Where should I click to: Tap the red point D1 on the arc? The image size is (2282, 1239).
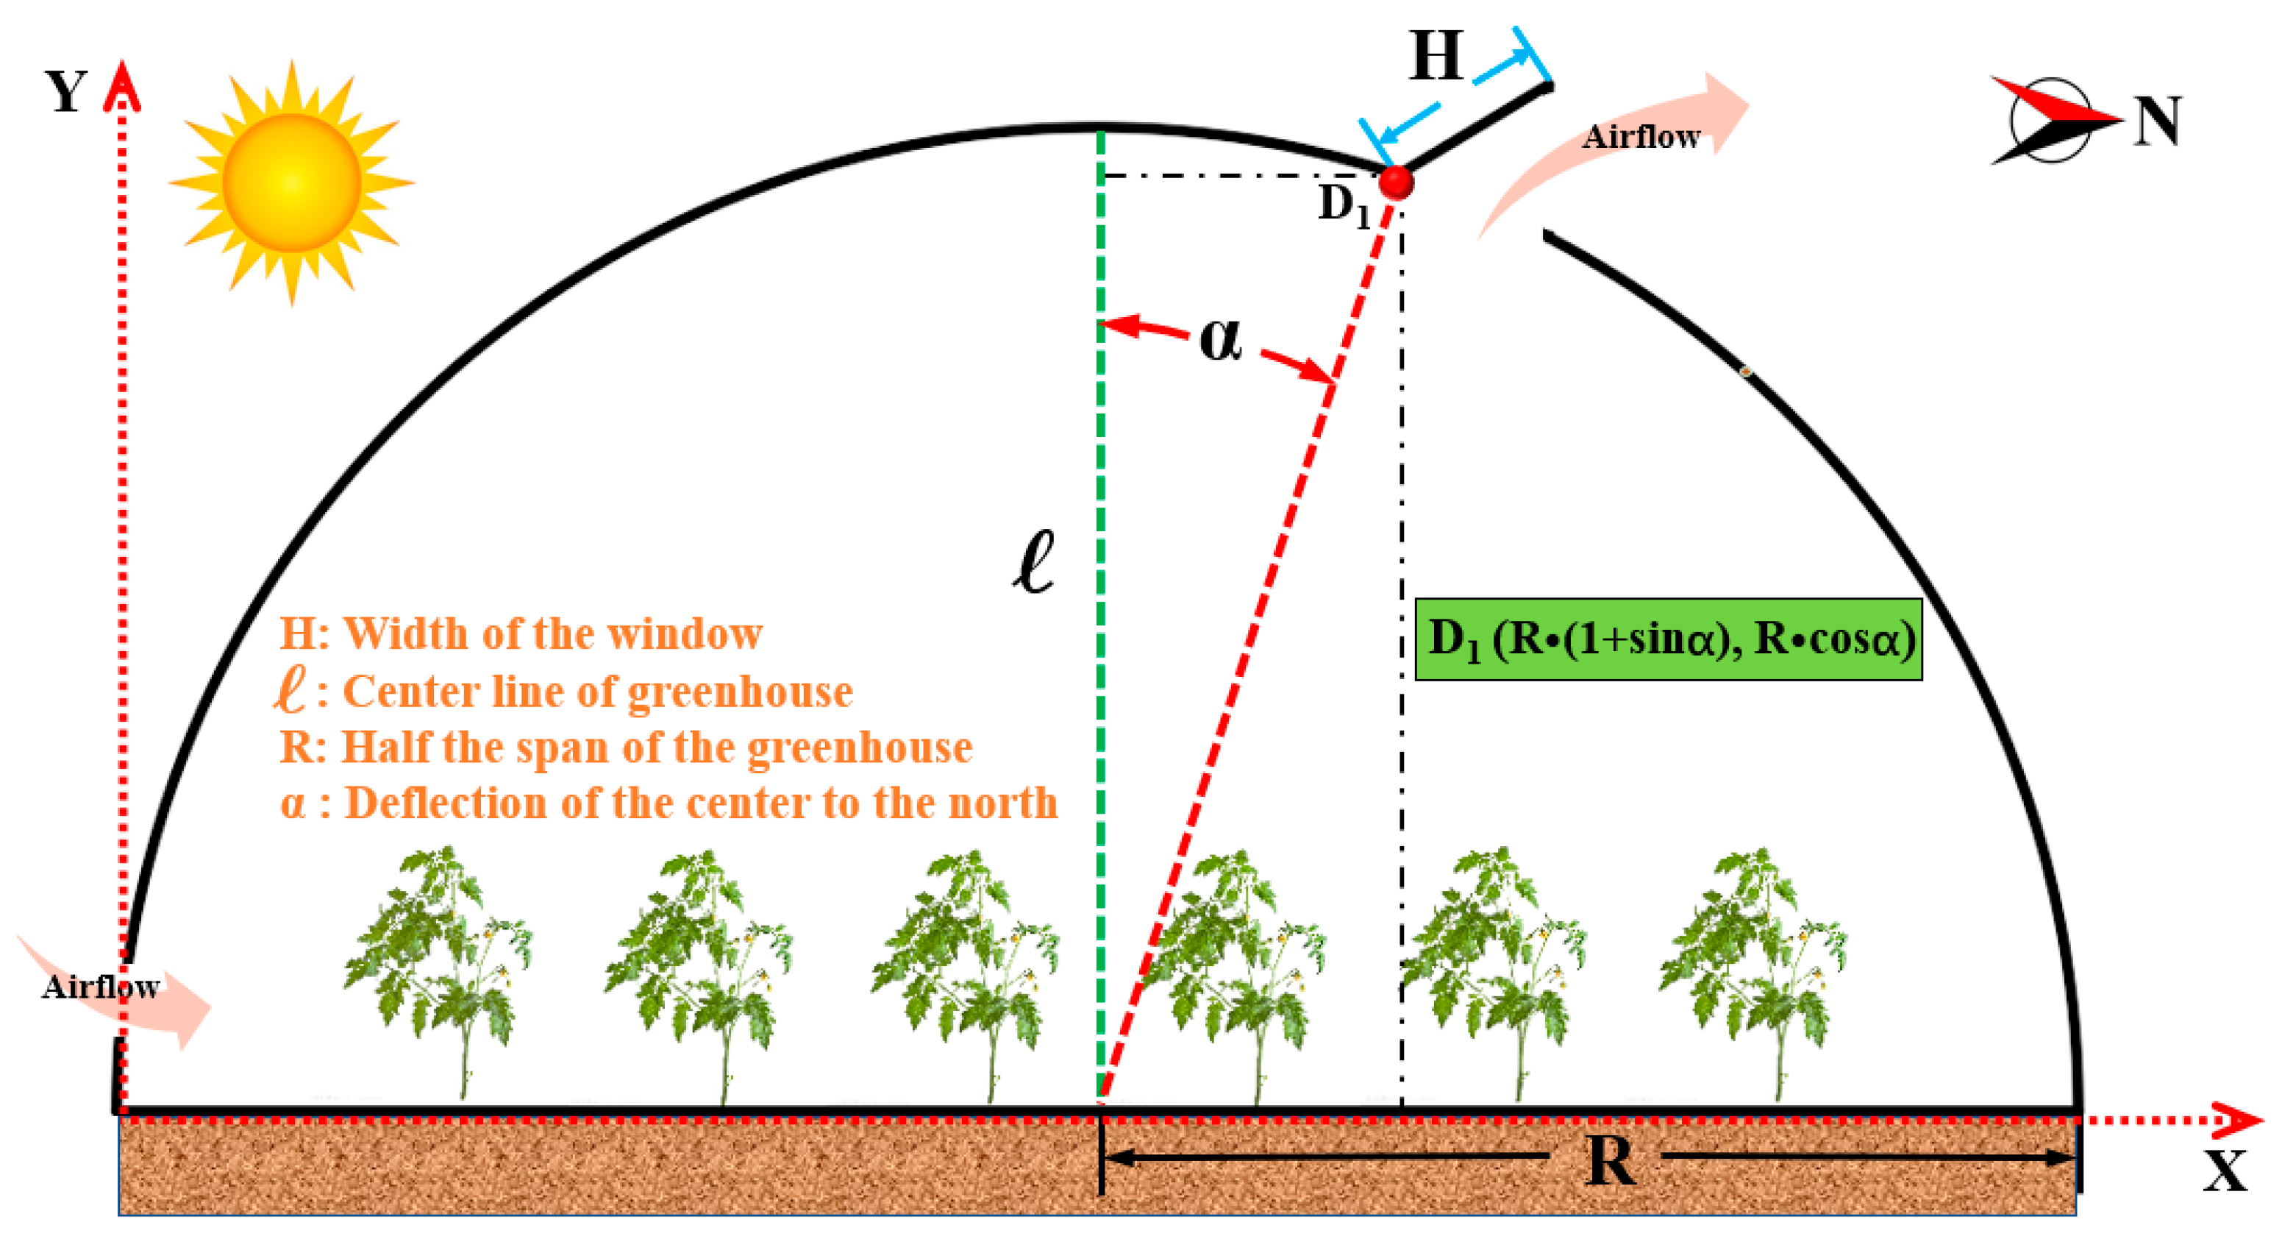click(1396, 182)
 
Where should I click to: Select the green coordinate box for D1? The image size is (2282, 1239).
click(1668, 639)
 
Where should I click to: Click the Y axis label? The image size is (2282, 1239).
click(66, 91)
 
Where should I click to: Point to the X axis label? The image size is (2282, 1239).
click(2225, 1171)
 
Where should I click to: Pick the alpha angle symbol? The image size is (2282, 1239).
click(1221, 339)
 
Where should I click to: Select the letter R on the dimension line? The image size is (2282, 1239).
click(1610, 1160)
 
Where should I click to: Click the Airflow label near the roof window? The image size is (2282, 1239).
click(1641, 137)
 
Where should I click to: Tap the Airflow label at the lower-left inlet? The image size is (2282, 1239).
click(100, 987)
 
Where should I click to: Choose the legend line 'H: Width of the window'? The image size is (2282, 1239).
click(521, 633)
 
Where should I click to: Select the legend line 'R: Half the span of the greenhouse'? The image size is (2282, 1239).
click(625, 747)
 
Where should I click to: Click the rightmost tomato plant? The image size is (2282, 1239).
click(1752, 966)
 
